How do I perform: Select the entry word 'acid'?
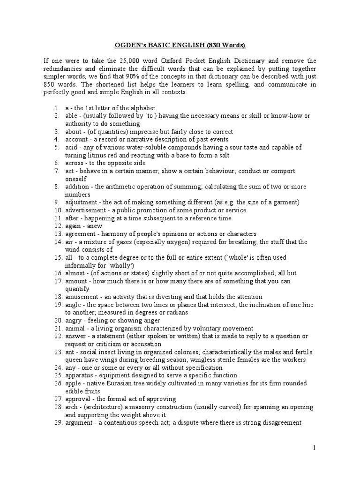coord(71,147)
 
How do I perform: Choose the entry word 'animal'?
coord(75,328)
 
